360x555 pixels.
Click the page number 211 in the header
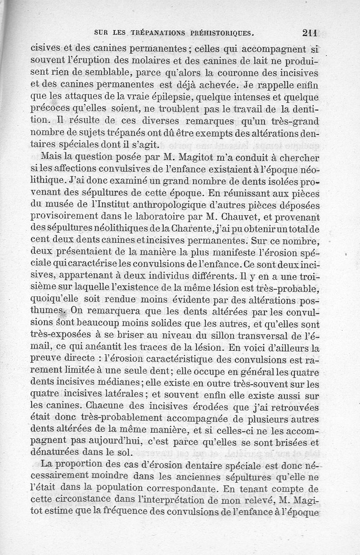(x=310, y=32)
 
